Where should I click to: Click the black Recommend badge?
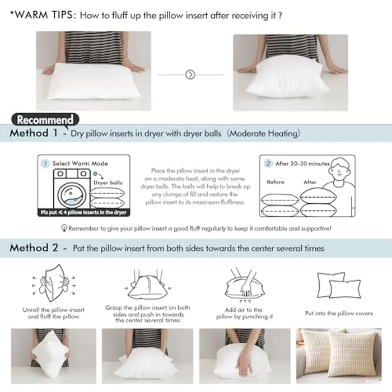(x=44, y=119)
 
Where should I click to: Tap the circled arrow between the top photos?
(x=190, y=74)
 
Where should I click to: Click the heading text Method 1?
(x=34, y=134)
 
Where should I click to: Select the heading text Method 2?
(x=34, y=248)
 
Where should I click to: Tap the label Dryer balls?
(x=108, y=183)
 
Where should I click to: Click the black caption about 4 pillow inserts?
(x=83, y=213)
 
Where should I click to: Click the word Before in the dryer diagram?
(x=276, y=182)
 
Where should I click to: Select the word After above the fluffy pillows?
(x=310, y=182)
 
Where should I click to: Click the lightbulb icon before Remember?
(x=64, y=228)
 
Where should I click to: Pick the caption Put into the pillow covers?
(x=338, y=314)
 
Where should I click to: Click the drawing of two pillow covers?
(x=338, y=286)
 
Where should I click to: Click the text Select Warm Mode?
(x=80, y=164)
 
